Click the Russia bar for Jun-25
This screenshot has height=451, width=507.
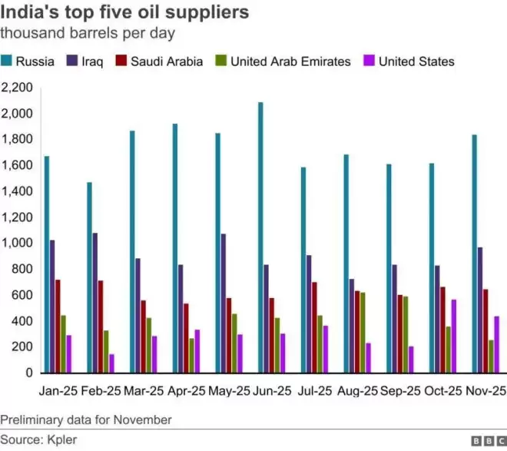tap(260, 237)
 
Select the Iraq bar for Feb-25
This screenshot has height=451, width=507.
tap(95, 303)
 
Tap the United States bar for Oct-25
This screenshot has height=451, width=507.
tap(454, 337)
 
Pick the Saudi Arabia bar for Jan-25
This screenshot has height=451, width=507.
tap(58, 327)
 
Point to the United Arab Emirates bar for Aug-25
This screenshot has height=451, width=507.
tap(363, 333)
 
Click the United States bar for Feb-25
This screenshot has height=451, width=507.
tap(111, 363)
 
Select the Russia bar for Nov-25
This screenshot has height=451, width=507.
tap(474, 254)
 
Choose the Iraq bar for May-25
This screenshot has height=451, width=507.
tap(224, 303)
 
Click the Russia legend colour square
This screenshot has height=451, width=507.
tap(6, 61)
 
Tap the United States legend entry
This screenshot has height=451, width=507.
tap(409, 61)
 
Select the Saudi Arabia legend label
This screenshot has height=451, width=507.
tap(167, 61)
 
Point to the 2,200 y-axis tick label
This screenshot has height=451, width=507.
tap(17, 88)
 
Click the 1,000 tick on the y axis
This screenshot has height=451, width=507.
tap(17, 243)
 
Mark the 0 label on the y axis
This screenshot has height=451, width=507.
tap(29, 373)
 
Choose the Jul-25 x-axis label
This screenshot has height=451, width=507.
tap(315, 391)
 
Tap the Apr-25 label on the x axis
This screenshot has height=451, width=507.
tap(187, 391)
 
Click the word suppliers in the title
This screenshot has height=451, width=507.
tap(207, 13)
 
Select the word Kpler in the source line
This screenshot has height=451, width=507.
tap(62, 439)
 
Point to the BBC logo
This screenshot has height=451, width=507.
tap(489, 441)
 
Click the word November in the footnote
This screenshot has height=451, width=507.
tap(143, 420)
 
